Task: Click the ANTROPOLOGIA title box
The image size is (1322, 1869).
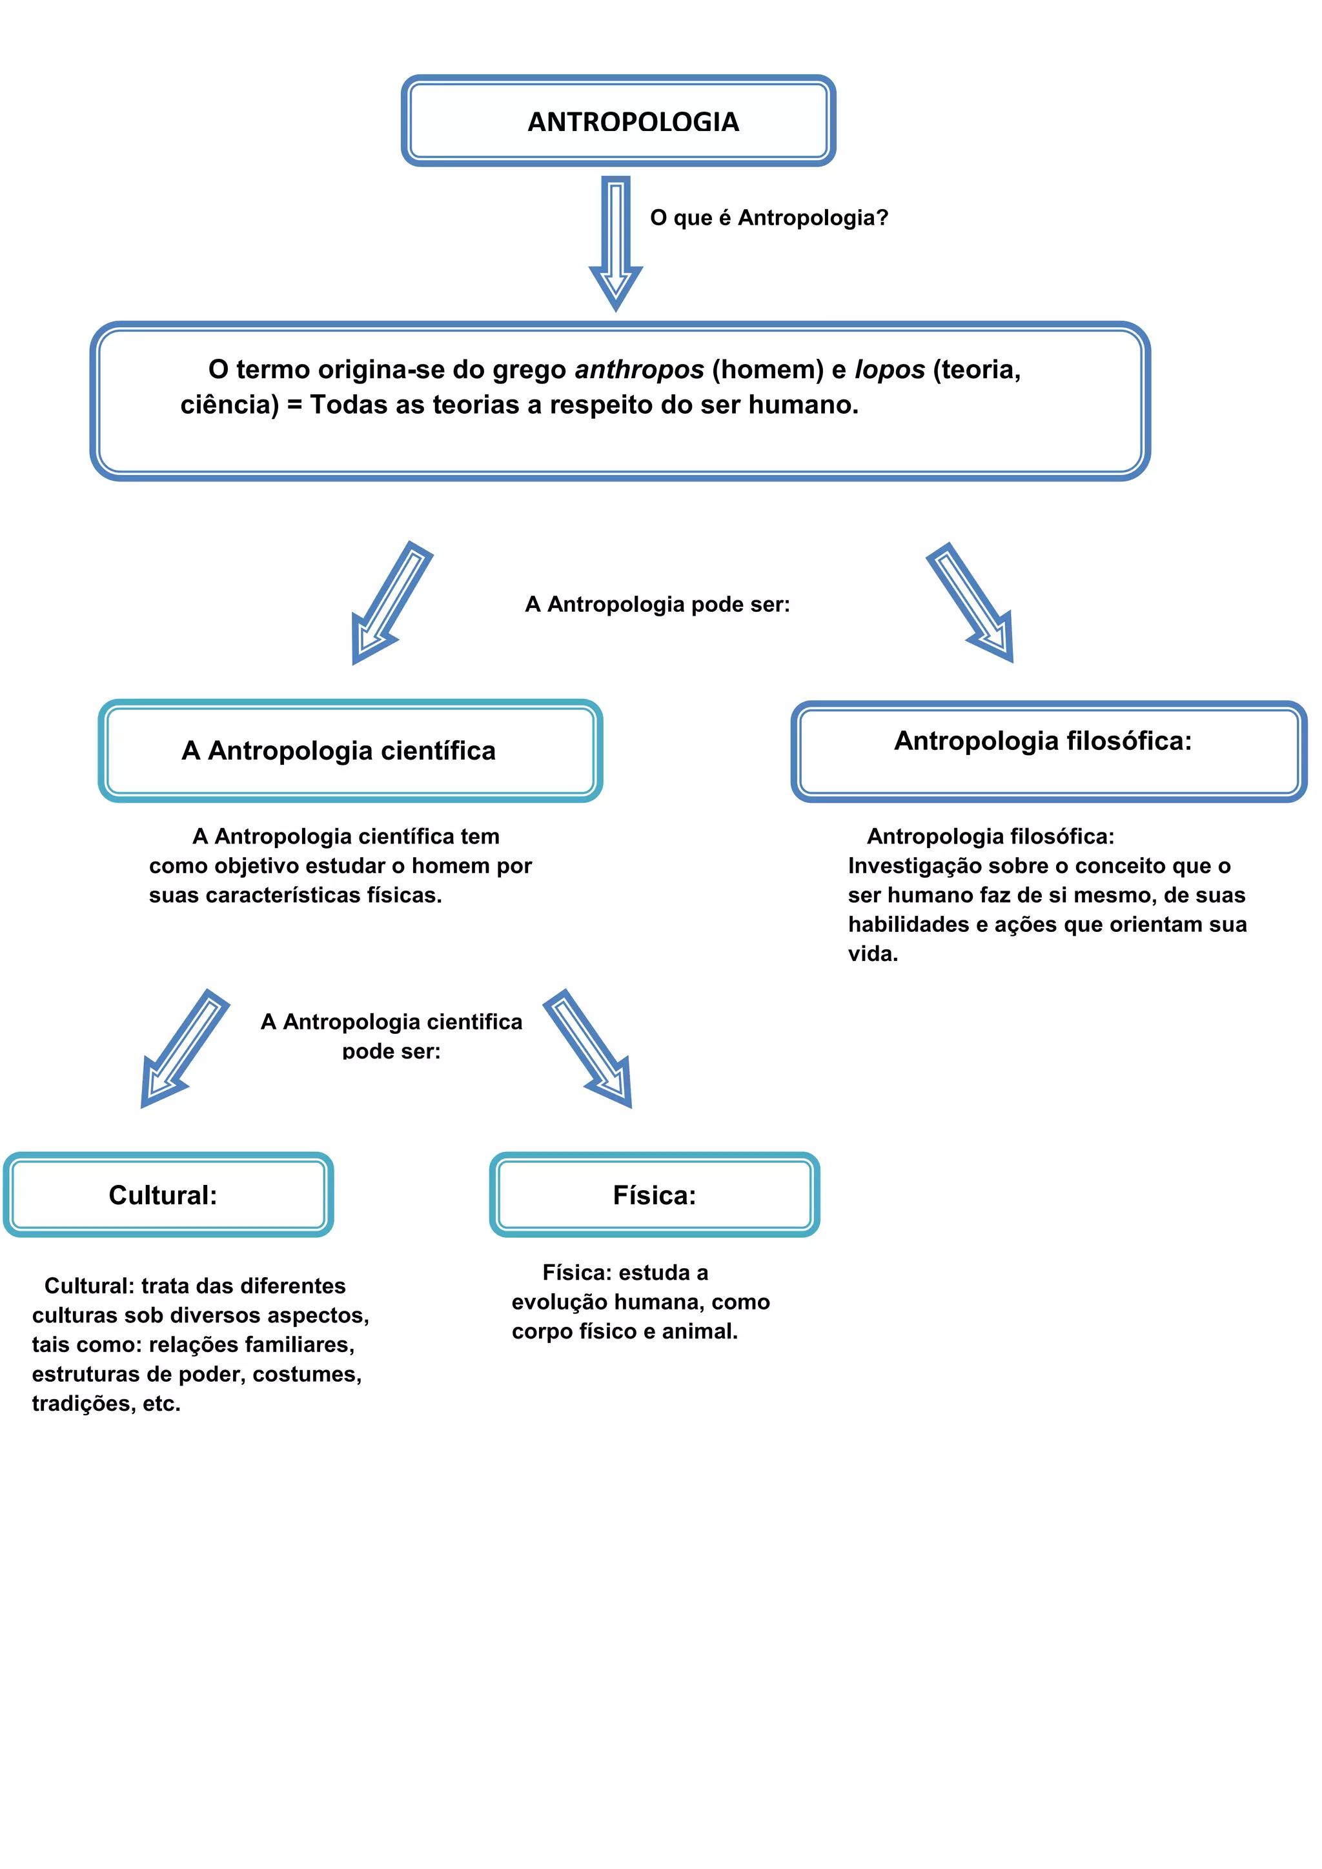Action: [x=618, y=121]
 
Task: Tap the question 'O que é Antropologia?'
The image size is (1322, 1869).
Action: [x=768, y=218]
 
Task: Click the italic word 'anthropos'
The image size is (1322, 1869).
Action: [x=639, y=370]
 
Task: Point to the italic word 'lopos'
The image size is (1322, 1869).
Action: [x=889, y=370]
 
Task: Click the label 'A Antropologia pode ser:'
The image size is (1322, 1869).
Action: [x=657, y=605]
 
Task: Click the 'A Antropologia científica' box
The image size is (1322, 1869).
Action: [x=350, y=751]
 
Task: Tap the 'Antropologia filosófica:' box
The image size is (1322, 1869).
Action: [x=1048, y=751]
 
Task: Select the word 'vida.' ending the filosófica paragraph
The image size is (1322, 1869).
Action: [x=873, y=954]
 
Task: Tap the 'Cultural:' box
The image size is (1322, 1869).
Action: [x=168, y=1195]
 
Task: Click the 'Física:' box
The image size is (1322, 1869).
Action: [x=655, y=1195]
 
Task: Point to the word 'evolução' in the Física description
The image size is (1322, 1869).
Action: [x=559, y=1302]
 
